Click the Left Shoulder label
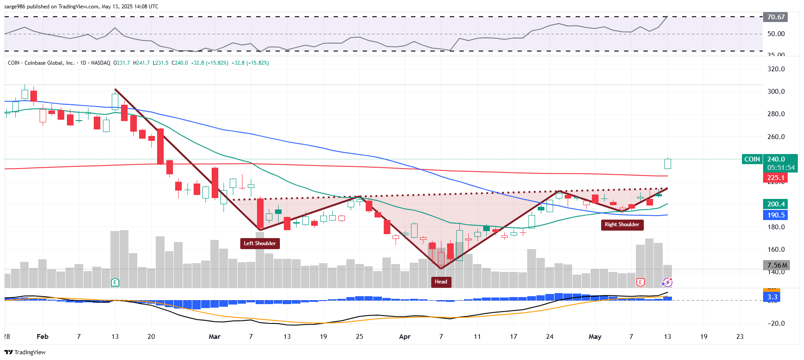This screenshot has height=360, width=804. point(260,243)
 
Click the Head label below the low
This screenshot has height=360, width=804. point(441,282)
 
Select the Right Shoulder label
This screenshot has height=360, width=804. point(622,224)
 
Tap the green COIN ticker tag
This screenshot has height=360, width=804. point(752,159)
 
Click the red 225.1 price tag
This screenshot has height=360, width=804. point(775,178)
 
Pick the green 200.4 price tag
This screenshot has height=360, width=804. point(775,204)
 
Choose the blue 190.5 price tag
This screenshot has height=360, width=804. point(775,215)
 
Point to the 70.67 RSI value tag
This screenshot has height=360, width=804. point(775,17)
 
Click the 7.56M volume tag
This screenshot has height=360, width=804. point(777,265)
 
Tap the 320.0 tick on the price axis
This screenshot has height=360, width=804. point(776,69)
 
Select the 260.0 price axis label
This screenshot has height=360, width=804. point(776,137)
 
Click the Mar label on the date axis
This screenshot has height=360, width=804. point(214,337)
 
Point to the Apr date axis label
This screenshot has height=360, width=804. point(404,337)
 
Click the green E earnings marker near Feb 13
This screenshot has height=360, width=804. point(115,282)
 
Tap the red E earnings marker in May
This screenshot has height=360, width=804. point(640,282)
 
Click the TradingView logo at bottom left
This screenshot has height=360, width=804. point(25,352)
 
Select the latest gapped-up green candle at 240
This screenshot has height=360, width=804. point(668,164)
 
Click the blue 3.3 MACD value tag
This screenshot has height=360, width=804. point(772,297)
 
